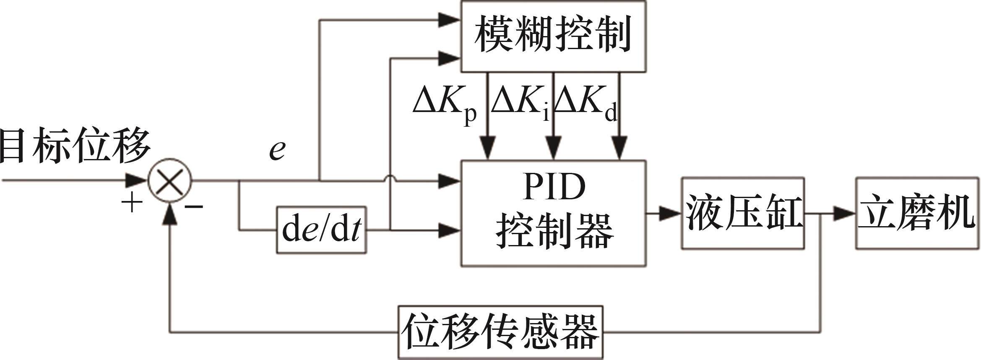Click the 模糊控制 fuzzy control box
pos(553,36)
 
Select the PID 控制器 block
pos(553,213)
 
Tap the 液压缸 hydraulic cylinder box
pos(742,213)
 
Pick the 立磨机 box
pos(917,213)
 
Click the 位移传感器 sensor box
pos(500,332)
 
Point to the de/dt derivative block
pos(321,230)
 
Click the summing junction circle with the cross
pos(170,181)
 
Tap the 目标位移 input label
pos(75,147)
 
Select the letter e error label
pos(277,150)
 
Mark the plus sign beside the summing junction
pos(132,203)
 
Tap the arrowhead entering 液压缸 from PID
pos(670,213)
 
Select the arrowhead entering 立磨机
pos(844,213)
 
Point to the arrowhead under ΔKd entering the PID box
pos(619,148)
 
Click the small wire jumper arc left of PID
pos(390,179)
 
